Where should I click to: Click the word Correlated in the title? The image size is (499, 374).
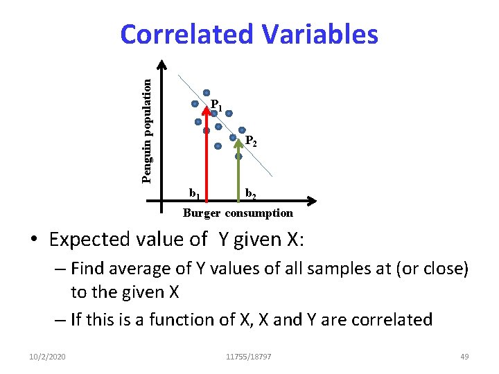(184, 34)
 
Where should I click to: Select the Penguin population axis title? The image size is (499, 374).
(146, 130)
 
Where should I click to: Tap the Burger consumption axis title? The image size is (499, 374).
(238, 213)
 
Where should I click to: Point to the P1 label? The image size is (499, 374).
(216, 105)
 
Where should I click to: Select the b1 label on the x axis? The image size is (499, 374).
(195, 192)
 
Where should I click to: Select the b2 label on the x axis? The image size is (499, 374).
(250, 192)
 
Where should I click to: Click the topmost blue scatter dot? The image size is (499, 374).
(207, 93)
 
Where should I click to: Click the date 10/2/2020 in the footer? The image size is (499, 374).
(49, 356)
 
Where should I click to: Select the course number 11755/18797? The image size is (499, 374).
(249, 356)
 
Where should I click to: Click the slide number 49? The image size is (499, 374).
(464, 356)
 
